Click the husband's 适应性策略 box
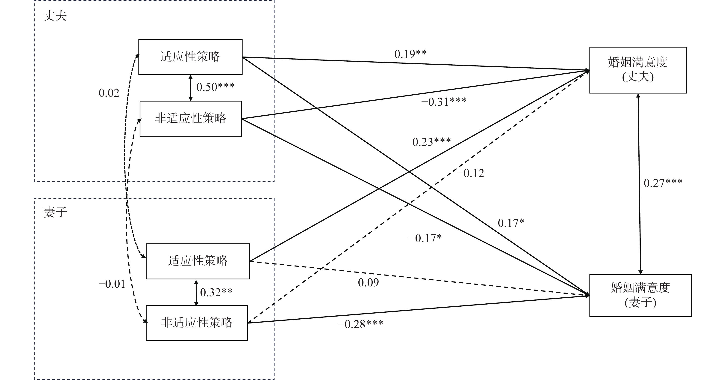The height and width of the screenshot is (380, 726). [190, 57]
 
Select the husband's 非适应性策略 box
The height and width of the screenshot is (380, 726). [191, 119]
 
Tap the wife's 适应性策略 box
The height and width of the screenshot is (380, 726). [198, 261]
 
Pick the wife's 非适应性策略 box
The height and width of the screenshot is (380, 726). [197, 323]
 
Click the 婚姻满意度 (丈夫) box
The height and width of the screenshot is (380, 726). [638, 70]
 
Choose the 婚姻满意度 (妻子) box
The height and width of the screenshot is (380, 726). [640, 295]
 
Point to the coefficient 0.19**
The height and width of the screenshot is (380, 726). [410, 54]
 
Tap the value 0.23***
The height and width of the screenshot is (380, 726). [431, 142]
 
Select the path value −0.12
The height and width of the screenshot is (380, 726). [470, 173]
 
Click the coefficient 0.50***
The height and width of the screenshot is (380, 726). [215, 87]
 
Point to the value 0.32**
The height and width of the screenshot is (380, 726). [216, 293]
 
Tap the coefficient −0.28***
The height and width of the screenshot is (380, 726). [360, 324]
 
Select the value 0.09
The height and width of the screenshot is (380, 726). [368, 283]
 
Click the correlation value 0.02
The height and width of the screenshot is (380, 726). [109, 93]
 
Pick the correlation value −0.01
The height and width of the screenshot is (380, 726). [112, 284]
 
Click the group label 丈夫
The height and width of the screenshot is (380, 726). [55, 16]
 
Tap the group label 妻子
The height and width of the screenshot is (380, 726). [55, 212]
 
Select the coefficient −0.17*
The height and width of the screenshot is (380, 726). [425, 239]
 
